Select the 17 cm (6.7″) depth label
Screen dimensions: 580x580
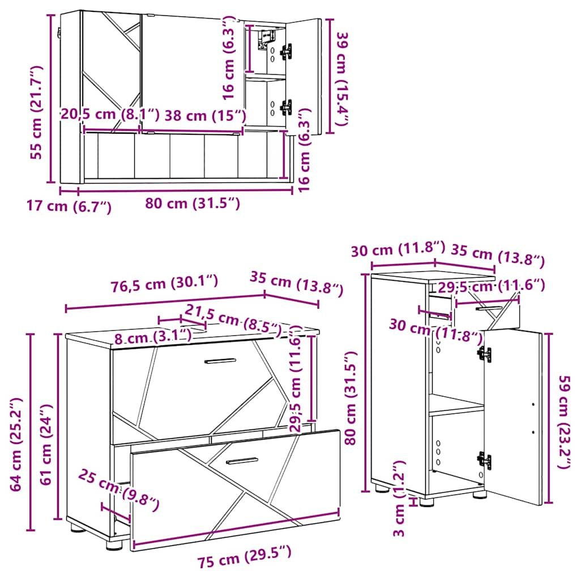click(70, 207)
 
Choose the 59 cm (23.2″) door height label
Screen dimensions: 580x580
click(564, 421)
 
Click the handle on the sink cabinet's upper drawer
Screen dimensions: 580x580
click(220, 361)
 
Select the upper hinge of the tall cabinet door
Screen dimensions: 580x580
click(484, 355)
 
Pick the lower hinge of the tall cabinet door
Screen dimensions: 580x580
click(484, 460)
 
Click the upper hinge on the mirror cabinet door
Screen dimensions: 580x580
click(287, 52)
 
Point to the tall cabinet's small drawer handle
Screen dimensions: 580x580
click(488, 309)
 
